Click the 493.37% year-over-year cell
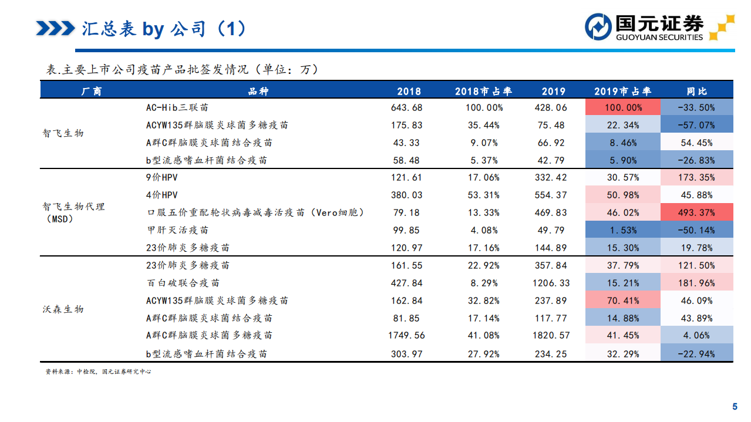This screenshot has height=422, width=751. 697,212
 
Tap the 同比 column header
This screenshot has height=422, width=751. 697,91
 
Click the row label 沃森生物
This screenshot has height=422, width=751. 63,309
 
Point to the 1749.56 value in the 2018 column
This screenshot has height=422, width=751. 407,336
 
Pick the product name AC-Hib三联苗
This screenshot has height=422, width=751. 177,107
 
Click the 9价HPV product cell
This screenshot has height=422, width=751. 161,177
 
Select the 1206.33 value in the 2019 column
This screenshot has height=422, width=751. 551,283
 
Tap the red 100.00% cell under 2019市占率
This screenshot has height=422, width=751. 622,107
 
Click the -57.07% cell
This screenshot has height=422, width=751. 697,125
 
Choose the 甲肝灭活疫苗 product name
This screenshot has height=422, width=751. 177,230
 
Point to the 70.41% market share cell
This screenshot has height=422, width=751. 622,301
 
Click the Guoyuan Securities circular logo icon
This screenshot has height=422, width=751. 598,27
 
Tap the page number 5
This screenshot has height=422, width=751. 734,407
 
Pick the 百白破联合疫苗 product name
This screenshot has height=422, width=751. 183,283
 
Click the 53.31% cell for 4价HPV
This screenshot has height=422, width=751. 483,195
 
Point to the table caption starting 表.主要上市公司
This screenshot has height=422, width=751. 182,69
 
